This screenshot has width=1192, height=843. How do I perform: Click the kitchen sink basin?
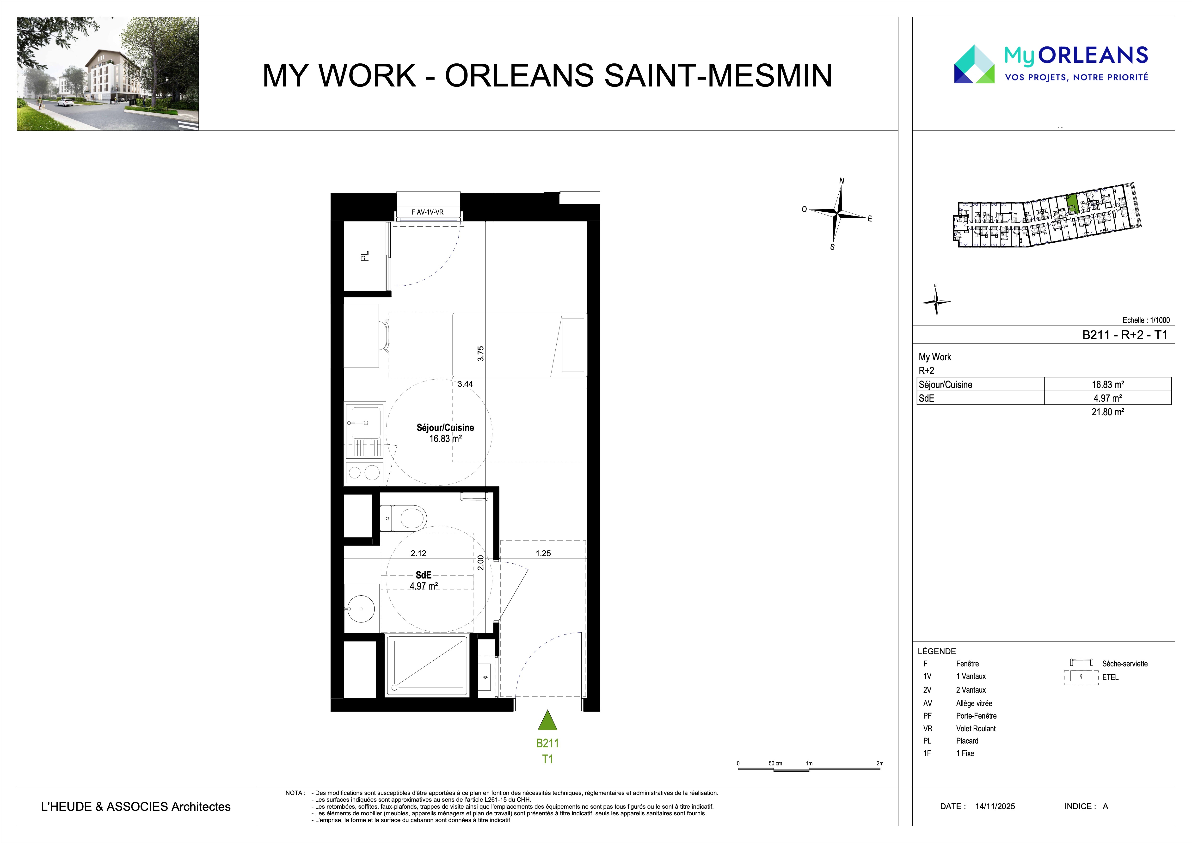[x=366, y=423]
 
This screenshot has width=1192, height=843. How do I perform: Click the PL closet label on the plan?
[x=365, y=256]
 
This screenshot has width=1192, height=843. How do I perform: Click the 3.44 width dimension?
[x=465, y=384]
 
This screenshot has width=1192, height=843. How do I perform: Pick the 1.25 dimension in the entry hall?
[x=543, y=553]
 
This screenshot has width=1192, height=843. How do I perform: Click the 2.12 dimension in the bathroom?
[x=418, y=553]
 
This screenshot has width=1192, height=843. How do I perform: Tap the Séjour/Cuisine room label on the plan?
[x=445, y=428]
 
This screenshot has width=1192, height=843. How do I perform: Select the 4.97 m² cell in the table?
[x=1108, y=398]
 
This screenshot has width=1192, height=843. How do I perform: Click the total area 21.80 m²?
[x=1108, y=412]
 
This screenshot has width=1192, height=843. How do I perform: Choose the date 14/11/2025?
[x=995, y=806]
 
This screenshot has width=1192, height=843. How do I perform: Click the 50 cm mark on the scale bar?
[x=775, y=763]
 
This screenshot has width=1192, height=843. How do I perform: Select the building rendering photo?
[x=107, y=74]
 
